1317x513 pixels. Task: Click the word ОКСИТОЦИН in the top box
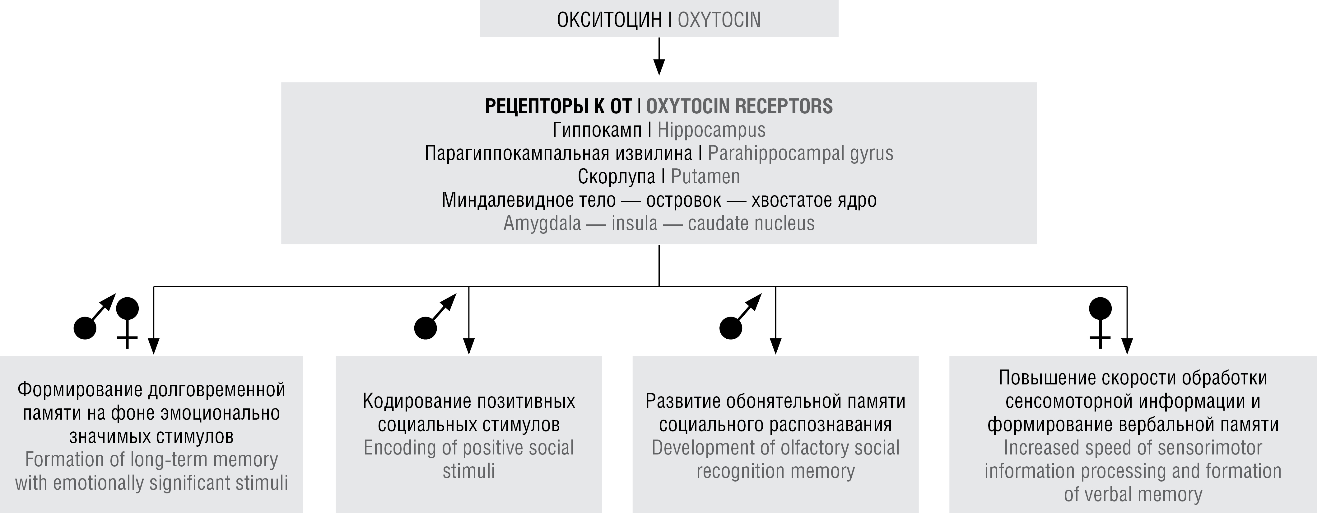pos(609,20)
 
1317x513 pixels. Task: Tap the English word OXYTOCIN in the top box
pos(719,20)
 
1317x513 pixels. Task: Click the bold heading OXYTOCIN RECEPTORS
pos(739,106)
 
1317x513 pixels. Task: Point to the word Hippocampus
pos(711,130)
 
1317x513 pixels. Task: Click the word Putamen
pos(705,176)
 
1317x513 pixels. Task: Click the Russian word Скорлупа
pos(616,176)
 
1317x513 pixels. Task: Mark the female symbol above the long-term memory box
pos(127,322)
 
